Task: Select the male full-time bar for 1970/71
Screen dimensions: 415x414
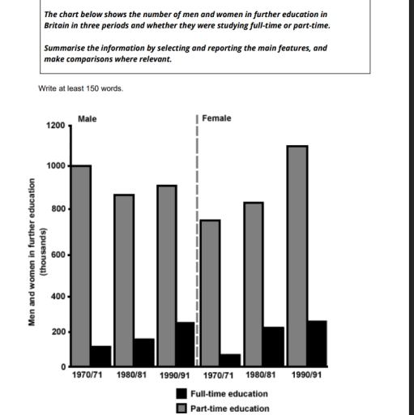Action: (x=101, y=357)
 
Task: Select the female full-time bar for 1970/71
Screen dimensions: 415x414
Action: (x=230, y=361)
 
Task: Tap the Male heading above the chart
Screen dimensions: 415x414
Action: (x=87, y=118)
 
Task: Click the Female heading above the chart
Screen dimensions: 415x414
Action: (x=216, y=118)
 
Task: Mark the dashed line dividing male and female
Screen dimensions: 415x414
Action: (x=198, y=243)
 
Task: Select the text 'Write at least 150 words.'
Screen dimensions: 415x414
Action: (x=80, y=88)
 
